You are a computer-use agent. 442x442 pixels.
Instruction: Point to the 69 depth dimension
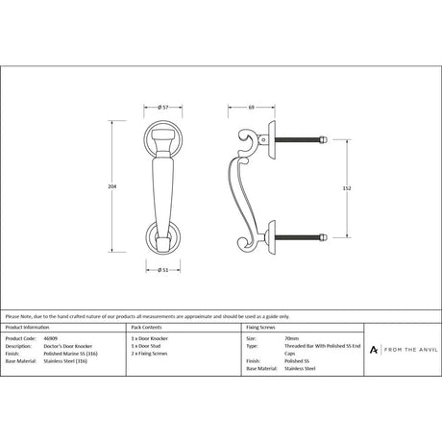click(250, 108)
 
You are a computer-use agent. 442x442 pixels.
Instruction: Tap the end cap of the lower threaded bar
click(324, 237)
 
